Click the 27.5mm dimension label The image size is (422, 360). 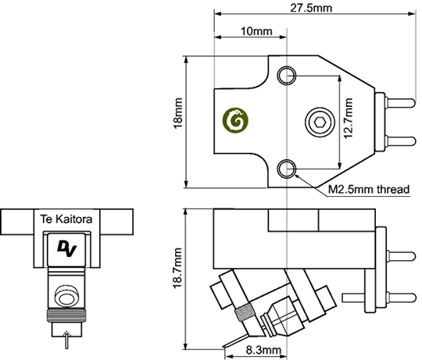[311, 8]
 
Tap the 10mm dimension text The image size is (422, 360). [256, 31]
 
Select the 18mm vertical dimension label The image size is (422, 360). [178, 113]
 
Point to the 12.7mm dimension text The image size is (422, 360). [349, 118]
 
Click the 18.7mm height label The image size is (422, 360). [177, 269]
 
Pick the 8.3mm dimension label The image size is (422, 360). [263, 350]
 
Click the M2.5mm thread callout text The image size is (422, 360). [369, 190]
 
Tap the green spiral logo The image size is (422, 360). [235, 120]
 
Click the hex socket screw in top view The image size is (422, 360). [320, 123]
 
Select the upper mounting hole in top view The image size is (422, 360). [287, 76]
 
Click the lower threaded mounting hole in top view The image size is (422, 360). [287, 169]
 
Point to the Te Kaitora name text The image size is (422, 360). [66, 219]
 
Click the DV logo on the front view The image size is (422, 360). [67, 248]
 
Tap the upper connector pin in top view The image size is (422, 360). [400, 103]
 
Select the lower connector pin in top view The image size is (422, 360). [400, 141]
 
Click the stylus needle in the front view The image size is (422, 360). [66, 340]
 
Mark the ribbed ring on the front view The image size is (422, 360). [66, 315]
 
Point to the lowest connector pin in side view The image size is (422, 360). [379, 298]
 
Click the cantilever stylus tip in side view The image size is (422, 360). [224, 347]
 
